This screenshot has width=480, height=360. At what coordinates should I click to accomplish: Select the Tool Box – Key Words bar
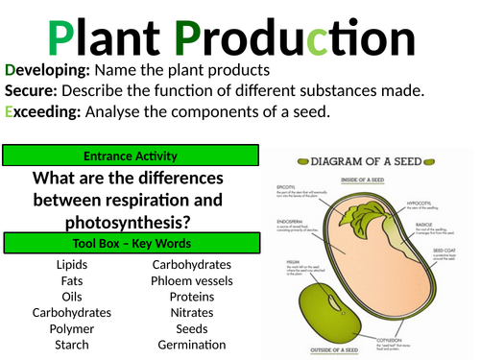(x=132, y=243)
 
